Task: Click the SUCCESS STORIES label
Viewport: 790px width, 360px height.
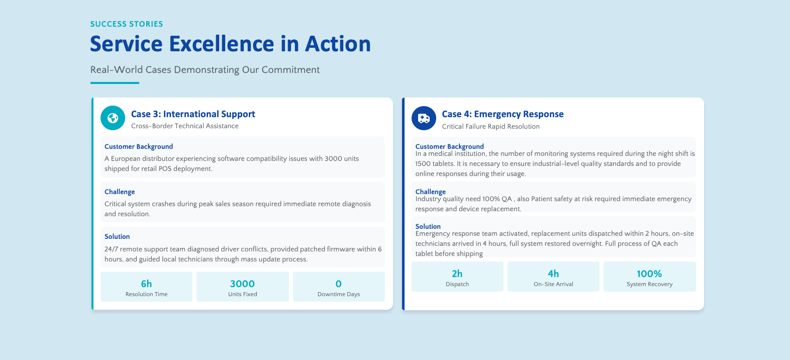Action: click(x=127, y=24)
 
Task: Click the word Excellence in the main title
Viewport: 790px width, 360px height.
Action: click(x=222, y=44)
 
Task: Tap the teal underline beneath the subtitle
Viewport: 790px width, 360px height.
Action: click(x=115, y=83)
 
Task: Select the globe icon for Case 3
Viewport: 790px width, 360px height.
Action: click(x=113, y=118)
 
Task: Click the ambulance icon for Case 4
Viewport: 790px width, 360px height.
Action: click(x=424, y=118)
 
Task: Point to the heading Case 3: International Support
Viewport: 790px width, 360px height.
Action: click(x=193, y=114)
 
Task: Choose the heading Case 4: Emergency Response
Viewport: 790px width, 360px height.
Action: click(x=503, y=114)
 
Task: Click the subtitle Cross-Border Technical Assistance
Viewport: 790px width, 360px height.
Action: click(x=185, y=126)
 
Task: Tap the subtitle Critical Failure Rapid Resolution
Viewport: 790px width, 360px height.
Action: click(x=490, y=126)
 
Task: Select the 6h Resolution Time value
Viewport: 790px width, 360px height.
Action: click(x=146, y=284)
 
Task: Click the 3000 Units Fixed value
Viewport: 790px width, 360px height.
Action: click(x=242, y=284)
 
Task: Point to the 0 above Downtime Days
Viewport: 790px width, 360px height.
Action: click(x=339, y=284)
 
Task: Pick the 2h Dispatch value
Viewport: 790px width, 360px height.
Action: click(x=457, y=274)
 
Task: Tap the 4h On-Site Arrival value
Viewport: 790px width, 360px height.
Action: click(x=553, y=274)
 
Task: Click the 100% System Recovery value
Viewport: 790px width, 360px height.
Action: click(x=649, y=274)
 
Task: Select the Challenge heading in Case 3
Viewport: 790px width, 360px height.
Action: click(x=120, y=192)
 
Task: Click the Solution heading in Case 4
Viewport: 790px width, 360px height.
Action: click(x=428, y=226)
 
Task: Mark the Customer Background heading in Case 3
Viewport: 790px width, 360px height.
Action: click(x=139, y=146)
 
